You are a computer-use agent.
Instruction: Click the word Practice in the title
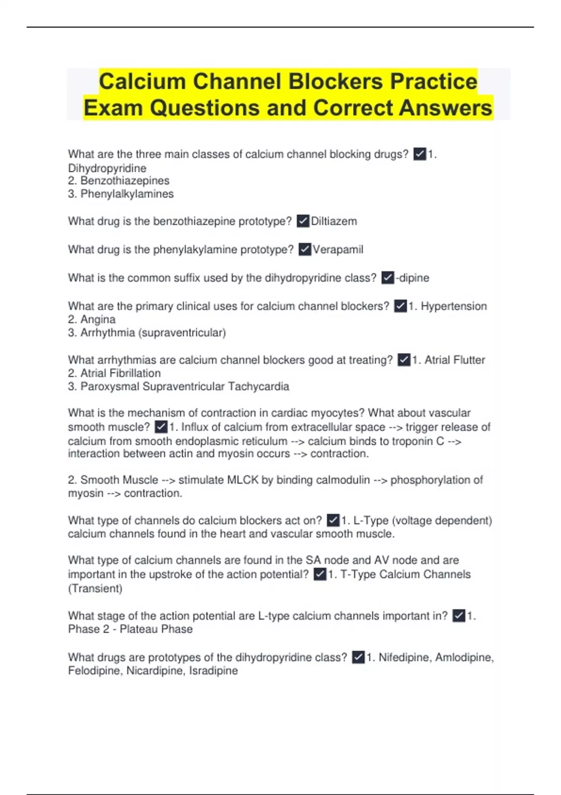[433, 81]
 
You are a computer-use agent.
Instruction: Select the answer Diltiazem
[334, 221]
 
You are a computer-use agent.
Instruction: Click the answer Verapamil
[338, 250]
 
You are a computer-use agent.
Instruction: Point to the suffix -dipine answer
[412, 278]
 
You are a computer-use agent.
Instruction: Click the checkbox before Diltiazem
[303, 221]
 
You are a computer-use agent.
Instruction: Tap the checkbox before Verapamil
[305, 250]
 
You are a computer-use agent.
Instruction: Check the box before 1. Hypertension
[401, 306]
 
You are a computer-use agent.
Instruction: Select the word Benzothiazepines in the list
[125, 181]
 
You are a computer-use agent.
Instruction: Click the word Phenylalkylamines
[127, 194]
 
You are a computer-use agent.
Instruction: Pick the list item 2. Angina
[92, 319]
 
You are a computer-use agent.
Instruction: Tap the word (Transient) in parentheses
[95, 588]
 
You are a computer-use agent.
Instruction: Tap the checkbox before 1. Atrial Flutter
[404, 360]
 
